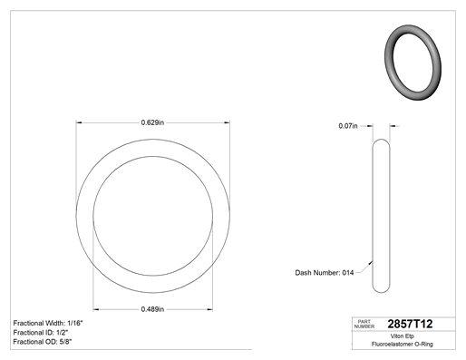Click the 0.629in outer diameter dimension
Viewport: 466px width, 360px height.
coord(152,122)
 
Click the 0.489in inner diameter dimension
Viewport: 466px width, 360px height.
coord(152,309)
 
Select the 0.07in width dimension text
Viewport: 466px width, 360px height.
coord(348,126)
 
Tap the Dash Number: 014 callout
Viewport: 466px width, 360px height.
coord(325,273)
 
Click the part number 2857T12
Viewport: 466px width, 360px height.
coord(410,324)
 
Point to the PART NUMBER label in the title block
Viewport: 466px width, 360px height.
coord(364,324)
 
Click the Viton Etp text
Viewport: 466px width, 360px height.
coord(403,336)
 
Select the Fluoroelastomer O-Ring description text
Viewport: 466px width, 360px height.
coord(403,344)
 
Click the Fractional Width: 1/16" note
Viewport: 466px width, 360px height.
coord(48,323)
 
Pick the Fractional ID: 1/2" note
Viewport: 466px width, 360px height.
coord(41,333)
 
